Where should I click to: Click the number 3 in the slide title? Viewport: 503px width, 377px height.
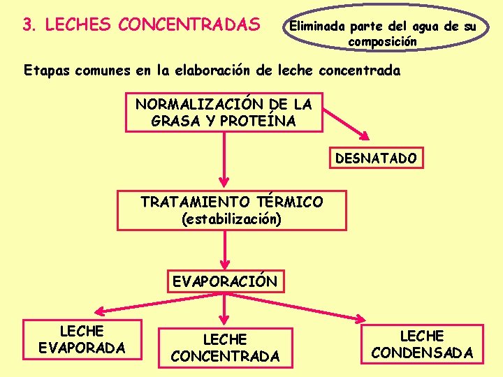(x=27, y=25)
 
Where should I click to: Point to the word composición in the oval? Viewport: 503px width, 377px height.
(x=382, y=42)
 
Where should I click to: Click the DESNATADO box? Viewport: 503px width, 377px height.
(x=376, y=158)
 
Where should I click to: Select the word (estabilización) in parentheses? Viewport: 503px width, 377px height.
(x=231, y=219)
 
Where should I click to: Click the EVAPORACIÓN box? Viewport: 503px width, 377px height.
(x=224, y=282)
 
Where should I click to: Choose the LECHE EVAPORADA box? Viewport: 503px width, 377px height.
(x=82, y=339)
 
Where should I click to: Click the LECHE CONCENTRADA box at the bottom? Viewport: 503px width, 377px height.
(x=224, y=348)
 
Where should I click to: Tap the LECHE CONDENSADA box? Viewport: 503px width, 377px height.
(x=422, y=344)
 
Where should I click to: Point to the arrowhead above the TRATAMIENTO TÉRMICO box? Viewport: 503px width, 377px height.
(x=224, y=184)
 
